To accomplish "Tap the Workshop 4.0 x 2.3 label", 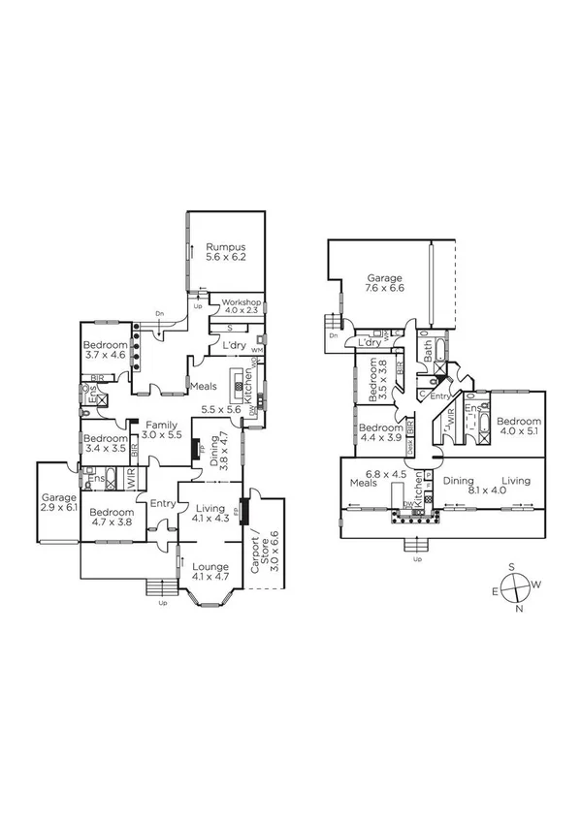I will (242, 306).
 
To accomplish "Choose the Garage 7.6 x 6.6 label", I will (384, 281).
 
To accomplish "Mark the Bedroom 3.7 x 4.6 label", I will (105, 351).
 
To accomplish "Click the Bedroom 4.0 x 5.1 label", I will (518, 427).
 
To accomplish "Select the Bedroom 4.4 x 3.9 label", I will (380, 432).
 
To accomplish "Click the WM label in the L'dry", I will (256, 349).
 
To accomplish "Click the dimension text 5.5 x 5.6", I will (221, 410).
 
